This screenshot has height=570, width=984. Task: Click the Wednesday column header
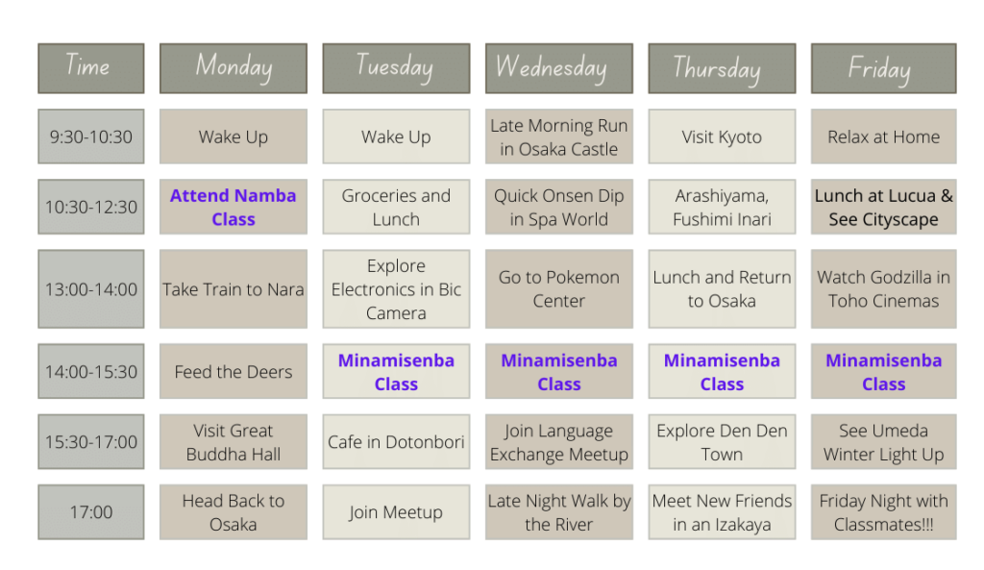[558, 68]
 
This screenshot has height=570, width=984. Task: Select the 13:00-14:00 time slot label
[91, 288]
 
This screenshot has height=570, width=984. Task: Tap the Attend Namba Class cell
[234, 208]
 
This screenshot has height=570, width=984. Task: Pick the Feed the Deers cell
[234, 372]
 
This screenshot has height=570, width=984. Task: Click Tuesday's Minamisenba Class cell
[396, 372]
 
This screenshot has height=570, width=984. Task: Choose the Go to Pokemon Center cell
[558, 288]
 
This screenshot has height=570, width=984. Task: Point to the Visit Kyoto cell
[722, 136]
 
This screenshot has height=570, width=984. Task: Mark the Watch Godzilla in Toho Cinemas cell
[884, 288]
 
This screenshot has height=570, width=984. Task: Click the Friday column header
[884, 68]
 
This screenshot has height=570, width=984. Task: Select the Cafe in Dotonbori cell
[396, 442]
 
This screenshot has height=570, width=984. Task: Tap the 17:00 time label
[91, 512]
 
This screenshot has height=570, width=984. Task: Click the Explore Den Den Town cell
[722, 442]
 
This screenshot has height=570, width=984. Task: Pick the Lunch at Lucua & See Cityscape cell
[884, 208]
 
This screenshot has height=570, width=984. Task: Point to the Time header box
[91, 68]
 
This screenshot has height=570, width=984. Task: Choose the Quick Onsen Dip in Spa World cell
[558, 208]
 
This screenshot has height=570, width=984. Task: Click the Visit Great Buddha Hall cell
[234, 442]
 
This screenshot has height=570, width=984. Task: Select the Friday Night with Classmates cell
[884, 512]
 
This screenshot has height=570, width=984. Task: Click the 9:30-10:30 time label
[91, 136]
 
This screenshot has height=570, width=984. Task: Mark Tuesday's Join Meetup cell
[396, 512]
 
